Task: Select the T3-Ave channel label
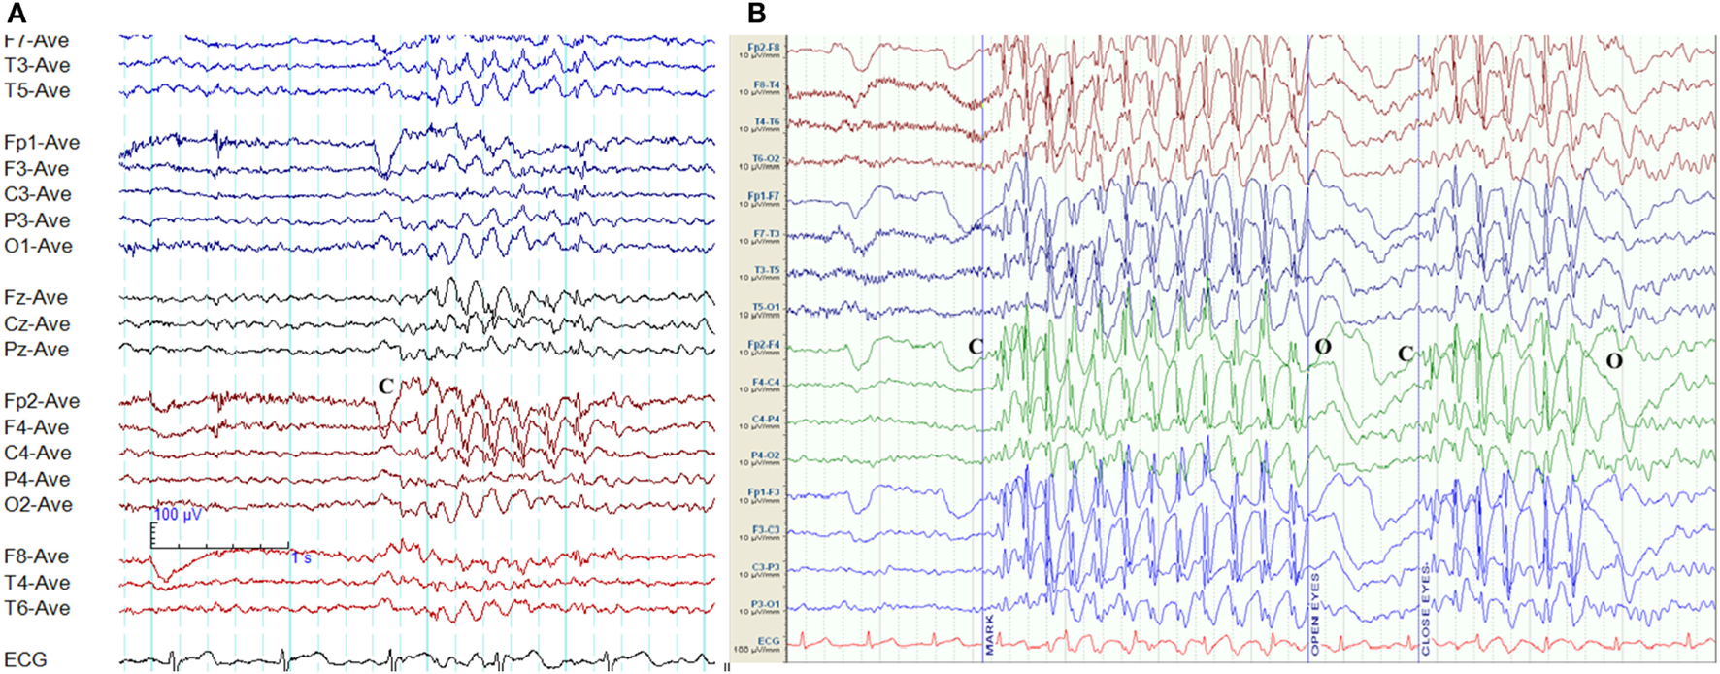point(37,65)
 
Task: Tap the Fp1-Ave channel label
point(42,142)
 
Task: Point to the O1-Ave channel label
point(38,246)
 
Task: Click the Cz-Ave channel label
point(37,323)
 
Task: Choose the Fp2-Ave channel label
point(42,401)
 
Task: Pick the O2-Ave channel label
point(38,504)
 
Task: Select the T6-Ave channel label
point(37,608)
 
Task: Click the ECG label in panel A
point(25,659)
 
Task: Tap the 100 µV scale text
point(179,514)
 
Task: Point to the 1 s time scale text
point(301,557)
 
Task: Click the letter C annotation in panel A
point(385,386)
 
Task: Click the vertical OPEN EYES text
point(1316,613)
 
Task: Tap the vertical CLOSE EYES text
point(1426,608)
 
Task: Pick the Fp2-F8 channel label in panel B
point(763,47)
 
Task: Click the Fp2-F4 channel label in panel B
point(763,345)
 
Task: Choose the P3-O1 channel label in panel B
point(765,604)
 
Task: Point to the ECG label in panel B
point(768,641)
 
